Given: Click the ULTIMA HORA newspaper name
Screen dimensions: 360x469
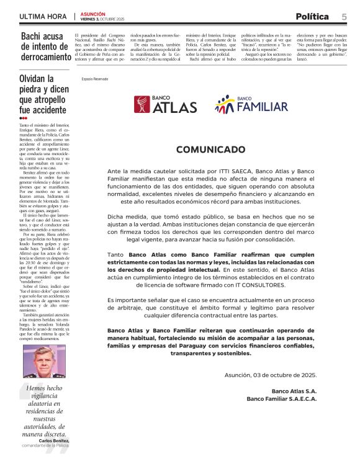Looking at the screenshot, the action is pyautogui.click(x=43, y=16).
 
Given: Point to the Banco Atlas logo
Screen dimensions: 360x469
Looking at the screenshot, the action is pyautogui.click(x=166, y=105).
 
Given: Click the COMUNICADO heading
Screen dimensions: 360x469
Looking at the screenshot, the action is pyautogui.click(x=211, y=150).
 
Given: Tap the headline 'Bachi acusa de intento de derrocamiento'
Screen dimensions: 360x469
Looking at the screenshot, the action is pyautogui.click(x=46, y=47).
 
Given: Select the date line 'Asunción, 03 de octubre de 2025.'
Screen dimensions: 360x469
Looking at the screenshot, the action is pyautogui.click(x=271, y=375).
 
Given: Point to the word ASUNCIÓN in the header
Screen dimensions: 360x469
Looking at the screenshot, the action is pyautogui.click(x=93, y=14).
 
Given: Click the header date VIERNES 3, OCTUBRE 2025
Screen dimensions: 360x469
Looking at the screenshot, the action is pyautogui.click(x=102, y=19).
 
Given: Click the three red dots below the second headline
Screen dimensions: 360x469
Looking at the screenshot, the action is pyautogui.click(x=24, y=117).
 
